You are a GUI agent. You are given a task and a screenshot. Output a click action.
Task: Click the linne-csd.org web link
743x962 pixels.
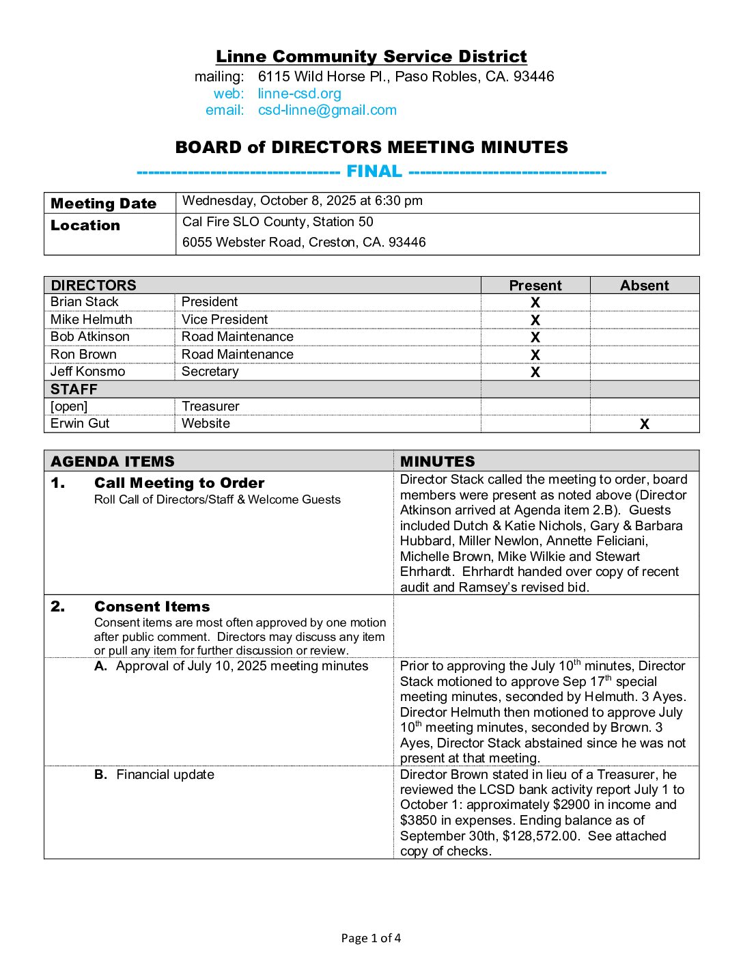299,94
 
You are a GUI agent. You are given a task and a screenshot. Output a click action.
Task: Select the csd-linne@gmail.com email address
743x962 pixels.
327,110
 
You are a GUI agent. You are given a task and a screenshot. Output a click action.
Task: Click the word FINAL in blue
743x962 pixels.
374,171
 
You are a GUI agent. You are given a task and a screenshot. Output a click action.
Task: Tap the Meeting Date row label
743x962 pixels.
103,204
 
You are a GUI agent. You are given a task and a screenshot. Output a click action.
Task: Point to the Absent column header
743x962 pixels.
644,286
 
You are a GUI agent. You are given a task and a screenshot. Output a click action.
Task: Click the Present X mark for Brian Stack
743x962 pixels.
535,303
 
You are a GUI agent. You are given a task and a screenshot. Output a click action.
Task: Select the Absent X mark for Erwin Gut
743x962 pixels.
644,424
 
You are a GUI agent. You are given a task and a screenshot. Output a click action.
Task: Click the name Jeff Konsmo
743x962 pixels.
87,372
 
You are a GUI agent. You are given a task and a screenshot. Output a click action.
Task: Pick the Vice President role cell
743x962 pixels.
225,320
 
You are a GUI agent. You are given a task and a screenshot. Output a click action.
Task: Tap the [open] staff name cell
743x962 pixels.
69,407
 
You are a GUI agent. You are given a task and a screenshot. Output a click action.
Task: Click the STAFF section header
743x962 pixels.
74,389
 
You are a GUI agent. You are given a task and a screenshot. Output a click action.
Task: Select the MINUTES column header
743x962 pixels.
437,461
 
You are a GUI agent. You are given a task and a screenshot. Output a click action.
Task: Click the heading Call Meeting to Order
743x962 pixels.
179,483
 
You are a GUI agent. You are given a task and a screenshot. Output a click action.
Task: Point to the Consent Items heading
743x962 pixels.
152,607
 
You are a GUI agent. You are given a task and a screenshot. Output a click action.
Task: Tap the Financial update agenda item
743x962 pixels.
165,775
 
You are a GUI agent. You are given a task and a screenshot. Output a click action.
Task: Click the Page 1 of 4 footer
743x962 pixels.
371,938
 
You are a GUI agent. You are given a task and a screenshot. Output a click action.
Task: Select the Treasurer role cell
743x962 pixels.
210,407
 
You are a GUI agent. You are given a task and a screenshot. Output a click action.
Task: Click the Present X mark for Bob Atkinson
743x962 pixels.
535,338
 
